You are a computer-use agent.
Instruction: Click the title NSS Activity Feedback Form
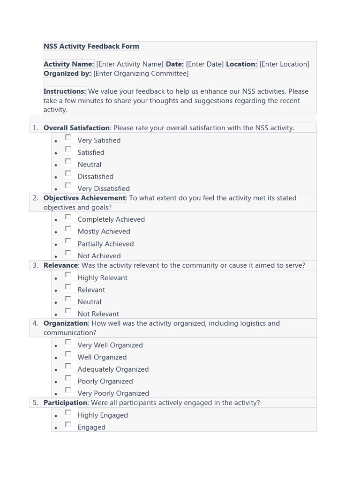pos(91,46)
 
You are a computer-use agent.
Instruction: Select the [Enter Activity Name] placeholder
pos(130,64)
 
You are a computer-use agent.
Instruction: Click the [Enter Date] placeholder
pos(204,64)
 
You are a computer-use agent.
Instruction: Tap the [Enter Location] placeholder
pos(284,64)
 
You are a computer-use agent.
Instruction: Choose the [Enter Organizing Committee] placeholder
pos(141,74)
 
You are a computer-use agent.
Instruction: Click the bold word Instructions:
pos(65,91)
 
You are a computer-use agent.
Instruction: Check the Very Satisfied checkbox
pos(68,137)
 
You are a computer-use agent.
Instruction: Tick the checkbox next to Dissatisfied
pos(68,173)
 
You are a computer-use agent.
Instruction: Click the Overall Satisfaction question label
pos(76,128)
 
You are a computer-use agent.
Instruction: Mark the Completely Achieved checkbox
pos(68,217)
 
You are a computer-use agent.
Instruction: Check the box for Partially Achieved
pos(68,241)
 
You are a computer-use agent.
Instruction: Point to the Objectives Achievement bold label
pos(84,198)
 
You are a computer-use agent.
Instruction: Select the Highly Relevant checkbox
pos(68,275)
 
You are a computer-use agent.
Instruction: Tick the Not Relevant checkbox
pos(68,311)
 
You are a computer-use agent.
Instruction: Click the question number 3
pos(35,265)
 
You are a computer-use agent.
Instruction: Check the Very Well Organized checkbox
pos(68,342)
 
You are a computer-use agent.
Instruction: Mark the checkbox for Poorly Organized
pos(68,378)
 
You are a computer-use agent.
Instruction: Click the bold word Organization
pos(66,323)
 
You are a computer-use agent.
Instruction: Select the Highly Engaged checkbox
pos(68,412)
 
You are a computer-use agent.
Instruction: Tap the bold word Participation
pos(65,403)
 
